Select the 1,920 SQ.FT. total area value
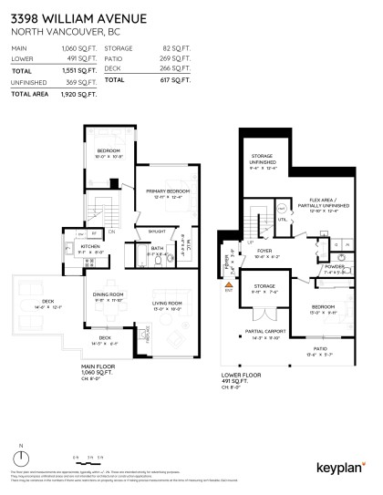(81, 94)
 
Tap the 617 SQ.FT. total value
(161, 80)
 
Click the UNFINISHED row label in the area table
(29, 82)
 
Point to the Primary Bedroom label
(164, 192)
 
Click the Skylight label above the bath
(156, 231)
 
